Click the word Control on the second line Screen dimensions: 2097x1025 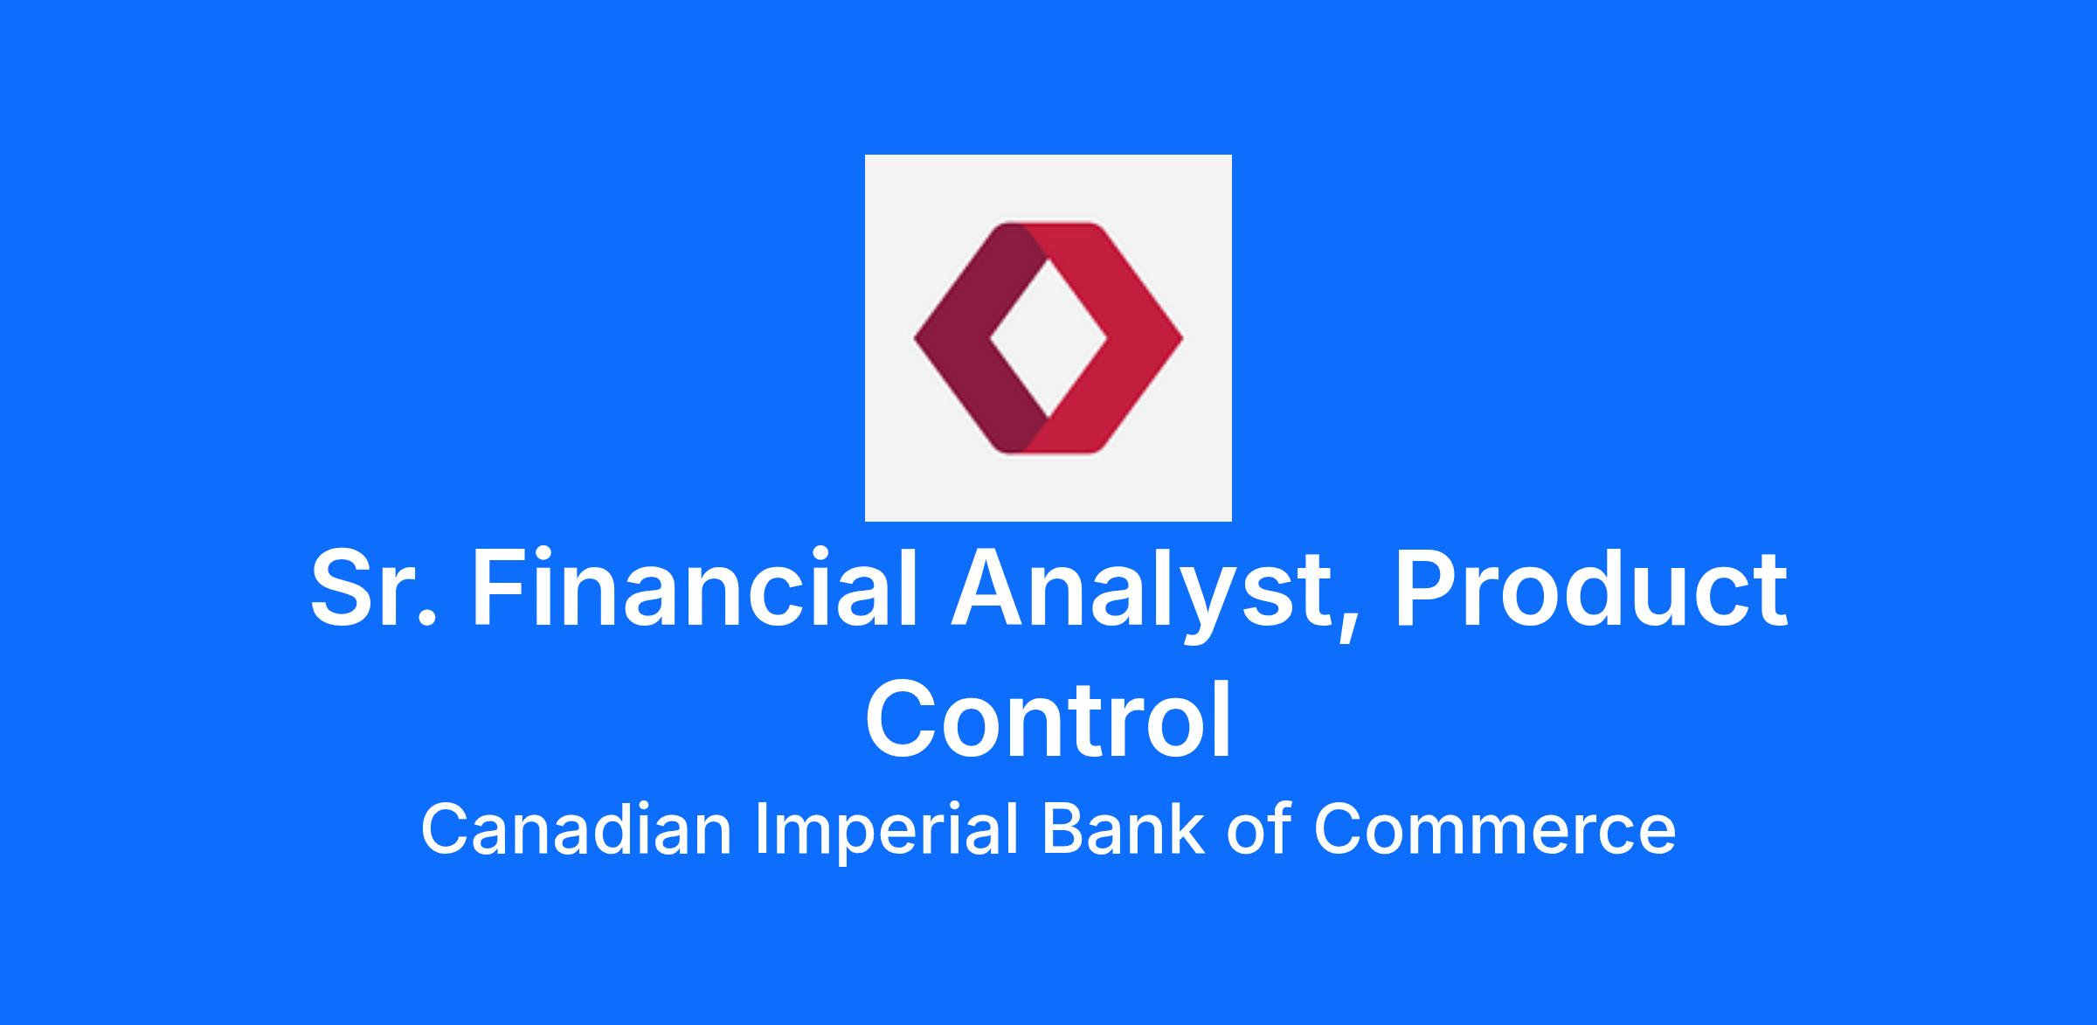(1048, 719)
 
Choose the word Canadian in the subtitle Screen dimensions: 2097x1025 (577, 829)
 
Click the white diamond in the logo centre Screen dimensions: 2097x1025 (1048, 338)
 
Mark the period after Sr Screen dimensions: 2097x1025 (426, 617)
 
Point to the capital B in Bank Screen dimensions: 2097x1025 (1062, 829)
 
